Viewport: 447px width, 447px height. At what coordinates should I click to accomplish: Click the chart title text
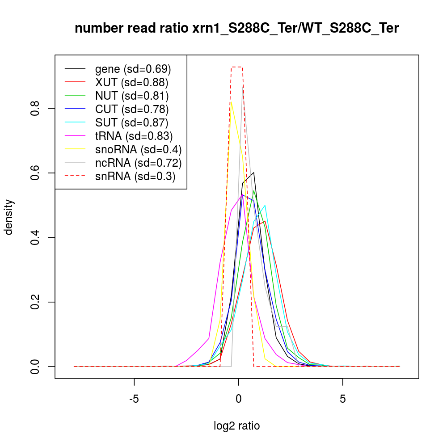pyautogui.click(x=236, y=29)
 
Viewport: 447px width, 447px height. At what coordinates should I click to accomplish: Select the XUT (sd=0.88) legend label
pyautogui.click(x=131, y=82)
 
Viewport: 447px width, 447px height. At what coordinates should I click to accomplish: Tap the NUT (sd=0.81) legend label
pyautogui.click(x=131, y=96)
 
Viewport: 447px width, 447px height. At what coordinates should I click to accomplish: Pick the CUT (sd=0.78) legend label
pyautogui.click(x=131, y=109)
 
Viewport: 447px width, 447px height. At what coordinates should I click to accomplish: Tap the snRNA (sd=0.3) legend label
pyautogui.click(x=135, y=176)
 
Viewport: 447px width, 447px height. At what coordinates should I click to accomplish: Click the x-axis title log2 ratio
pyautogui.click(x=236, y=426)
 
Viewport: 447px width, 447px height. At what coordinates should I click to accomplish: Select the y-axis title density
pyautogui.click(x=9, y=217)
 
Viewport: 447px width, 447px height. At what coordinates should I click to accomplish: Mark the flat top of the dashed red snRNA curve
pyautogui.click(x=236, y=67)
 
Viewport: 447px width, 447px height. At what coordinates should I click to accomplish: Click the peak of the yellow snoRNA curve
pyautogui.click(x=231, y=102)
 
